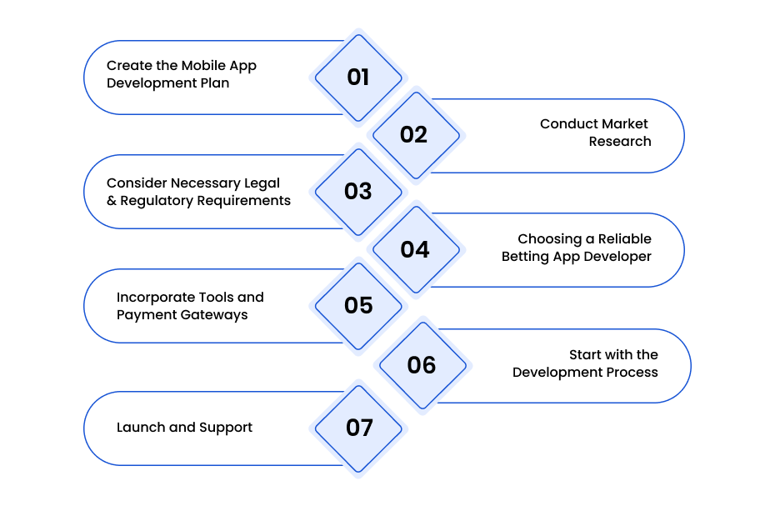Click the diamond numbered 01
pyautogui.click(x=358, y=78)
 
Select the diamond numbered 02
pyautogui.click(x=416, y=135)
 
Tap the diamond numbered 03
pyautogui.click(x=358, y=192)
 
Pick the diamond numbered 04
pyautogui.click(x=416, y=249)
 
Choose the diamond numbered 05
pyautogui.click(x=358, y=306)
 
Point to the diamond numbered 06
pyautogui.click(x=422, y=365)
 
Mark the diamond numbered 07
pyautogui.click(x=358, y=428)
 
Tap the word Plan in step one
pyautogui.click(x=215, y=83)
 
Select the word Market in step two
pyautogui.click(x=624, y=123)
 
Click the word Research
pyautogui.click(x=620, y=142)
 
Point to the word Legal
pyautogui.click(x=262, y=183)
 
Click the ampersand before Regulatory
pyautogui.click(x=112, y=201)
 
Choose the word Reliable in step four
pyautogui.click(x=625, y=239)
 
